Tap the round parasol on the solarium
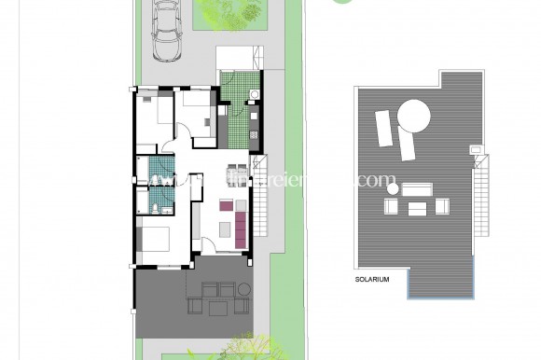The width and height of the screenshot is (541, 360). pyautogui.click(x=414, y=117)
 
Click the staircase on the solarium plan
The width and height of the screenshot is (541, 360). pyautogui.click(x=481, y=187)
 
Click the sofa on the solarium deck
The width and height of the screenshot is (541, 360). pyautogui.click(x=417, y=187)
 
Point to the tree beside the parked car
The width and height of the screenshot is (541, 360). pyautogui.click(x=234, y=13)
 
